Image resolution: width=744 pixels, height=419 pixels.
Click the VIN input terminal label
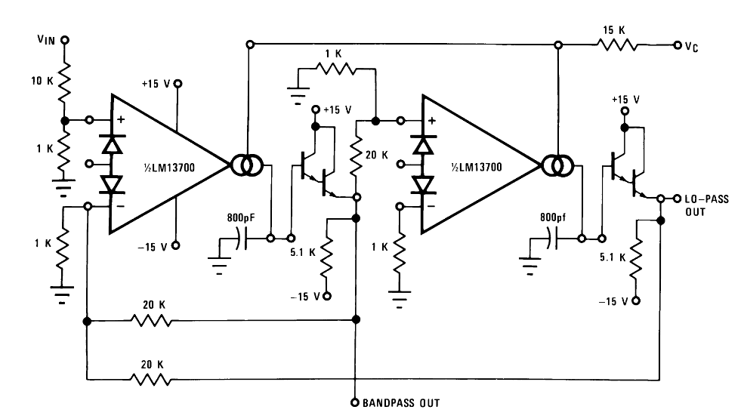pyautogui.click(x=46, y=39)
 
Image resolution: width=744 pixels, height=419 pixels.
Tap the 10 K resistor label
pyautogui.click(x=42, y=81)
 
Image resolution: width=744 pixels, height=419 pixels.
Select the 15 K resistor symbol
pyautogui.click(x=617, y=45)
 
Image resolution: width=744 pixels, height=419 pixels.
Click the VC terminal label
pyautogui.click(x=691, y=47)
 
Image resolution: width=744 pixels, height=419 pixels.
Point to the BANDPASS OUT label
pyautogui.click(x=401, y=403)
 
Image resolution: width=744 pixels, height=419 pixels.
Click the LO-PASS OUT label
pyautogui.click(x=706, y=205)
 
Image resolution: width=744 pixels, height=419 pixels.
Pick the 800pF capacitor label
pyautogui.click(x=240, y=217)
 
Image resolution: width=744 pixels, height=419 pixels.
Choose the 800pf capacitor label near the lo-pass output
pyautogui.click(x=553, y=217)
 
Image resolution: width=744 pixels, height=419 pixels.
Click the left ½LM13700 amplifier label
pyautogui.click(x=169, y=168)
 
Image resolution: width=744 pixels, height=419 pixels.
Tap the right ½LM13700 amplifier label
pyautogui.click(x=476, y=167)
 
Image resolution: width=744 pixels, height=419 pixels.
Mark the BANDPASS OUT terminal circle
pyautogui.click(x=354, y=402)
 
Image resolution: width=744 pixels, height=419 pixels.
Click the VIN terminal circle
pyautogui.click(x=64, y=40)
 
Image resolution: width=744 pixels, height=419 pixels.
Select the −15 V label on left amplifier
pyautogui.click(x=153, y=247)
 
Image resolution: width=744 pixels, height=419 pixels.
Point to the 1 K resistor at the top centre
pyautogui.click(x=335, y=69)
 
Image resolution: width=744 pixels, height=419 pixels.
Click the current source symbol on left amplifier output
pyautogui.click(x=247, y=165)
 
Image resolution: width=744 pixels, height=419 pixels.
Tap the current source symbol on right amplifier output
pyautogui.click(x=558, y=165)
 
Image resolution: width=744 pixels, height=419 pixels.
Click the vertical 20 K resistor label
pyautogui.click(x=377, y=155)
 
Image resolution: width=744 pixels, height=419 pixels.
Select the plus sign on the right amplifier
pyautogui.click(x=432, y=121)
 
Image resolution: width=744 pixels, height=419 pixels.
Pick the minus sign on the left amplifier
pyautogui.click(x=121, y=206)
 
